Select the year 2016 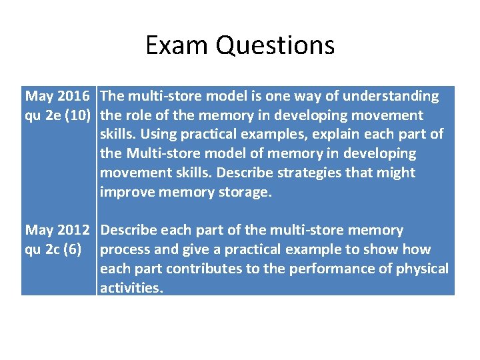[73, 97]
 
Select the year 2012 [73, 231]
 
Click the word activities [131, 289]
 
